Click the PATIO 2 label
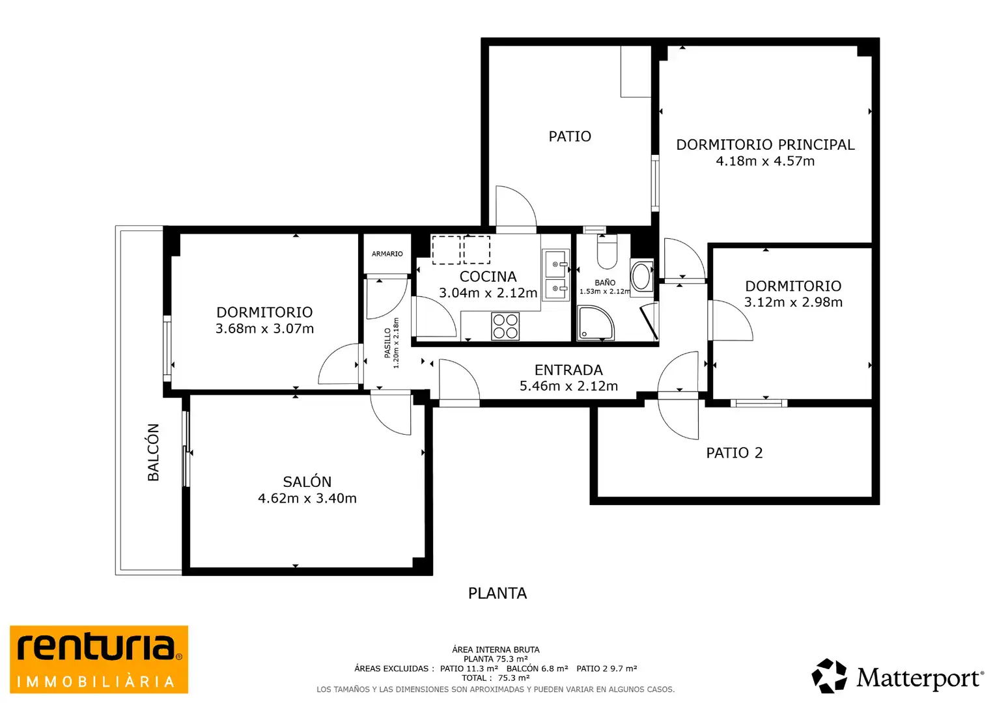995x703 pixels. pyautogui.click(x=735, y=453)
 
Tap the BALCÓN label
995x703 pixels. pyautogui.click(x=153, y=452)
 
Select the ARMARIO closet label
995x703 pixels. pyautogui.click(x=387, y=254)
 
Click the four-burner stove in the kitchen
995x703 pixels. pyautogui.click(x=505, y=326)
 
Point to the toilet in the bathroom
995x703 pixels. pyautogui.click(x=607, y=252)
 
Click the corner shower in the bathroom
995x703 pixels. pyautogui.click(x=596, y=323)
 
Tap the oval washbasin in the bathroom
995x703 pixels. pyautogui.click(x=641, y=277)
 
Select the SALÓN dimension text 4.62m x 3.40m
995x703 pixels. pyautogui.click(x=307, y=498)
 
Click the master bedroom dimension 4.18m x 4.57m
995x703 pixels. pyautogui.click(x=765, y=161)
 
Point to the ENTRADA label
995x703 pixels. pyautogui.click(x=568, y=370)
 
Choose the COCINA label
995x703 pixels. pyautogui.click(x=488, y=277)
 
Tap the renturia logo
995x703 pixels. pyautogui.click(x=99, y=659)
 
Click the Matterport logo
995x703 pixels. pyautogui.click(x=897, y=676)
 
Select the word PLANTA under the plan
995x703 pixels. pyautogui.click(x=497, y=593)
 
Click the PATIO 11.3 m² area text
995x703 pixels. pyautogui.click(x=469, y=669)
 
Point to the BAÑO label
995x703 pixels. pyautogui.click(x=605, y=283)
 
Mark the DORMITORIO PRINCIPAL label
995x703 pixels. pyautogui.click(x=765, y=145)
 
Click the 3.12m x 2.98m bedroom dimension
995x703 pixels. pyautogui.click(x=793, y=302)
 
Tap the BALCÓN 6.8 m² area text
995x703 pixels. pyautogui.click(x=537, y=669)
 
